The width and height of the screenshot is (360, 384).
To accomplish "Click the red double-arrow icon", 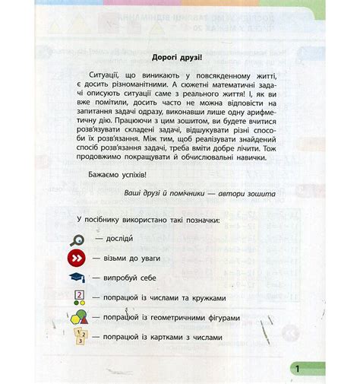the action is point(78,259).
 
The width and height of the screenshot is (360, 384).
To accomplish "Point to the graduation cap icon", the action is point(78,278).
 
